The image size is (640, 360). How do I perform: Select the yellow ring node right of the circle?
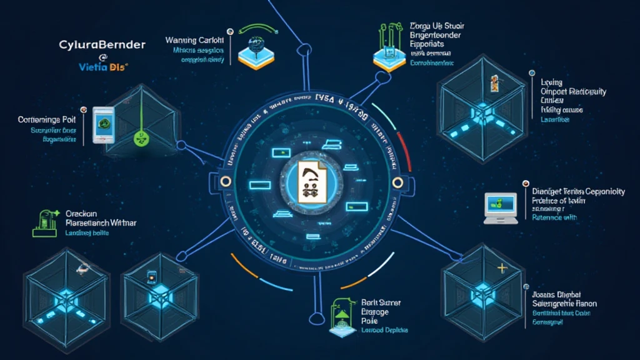(x=396, y=181)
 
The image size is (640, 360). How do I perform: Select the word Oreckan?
(x=82, y=212)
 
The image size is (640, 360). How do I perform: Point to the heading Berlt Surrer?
(x=381, y=303)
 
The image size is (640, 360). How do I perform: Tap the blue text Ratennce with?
(x=554, y=218)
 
